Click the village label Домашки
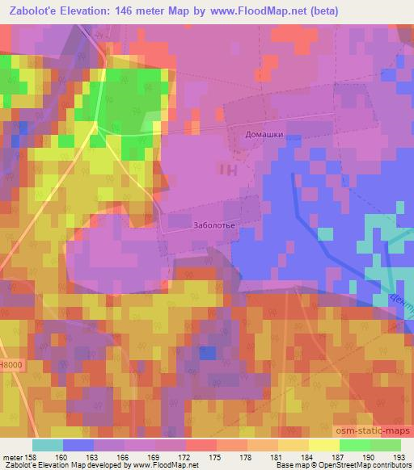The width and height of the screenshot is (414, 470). [264, 135]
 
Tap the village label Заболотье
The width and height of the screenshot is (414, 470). [214, 225]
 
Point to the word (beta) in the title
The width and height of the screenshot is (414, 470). [323, 11]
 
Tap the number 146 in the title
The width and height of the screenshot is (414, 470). [126, 11]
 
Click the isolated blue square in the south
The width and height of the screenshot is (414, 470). [208, 352]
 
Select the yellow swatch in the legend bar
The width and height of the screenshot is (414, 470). [323, 445]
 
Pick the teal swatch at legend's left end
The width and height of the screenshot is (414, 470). [47, 445]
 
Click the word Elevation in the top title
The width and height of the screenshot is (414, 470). [85, 11]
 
